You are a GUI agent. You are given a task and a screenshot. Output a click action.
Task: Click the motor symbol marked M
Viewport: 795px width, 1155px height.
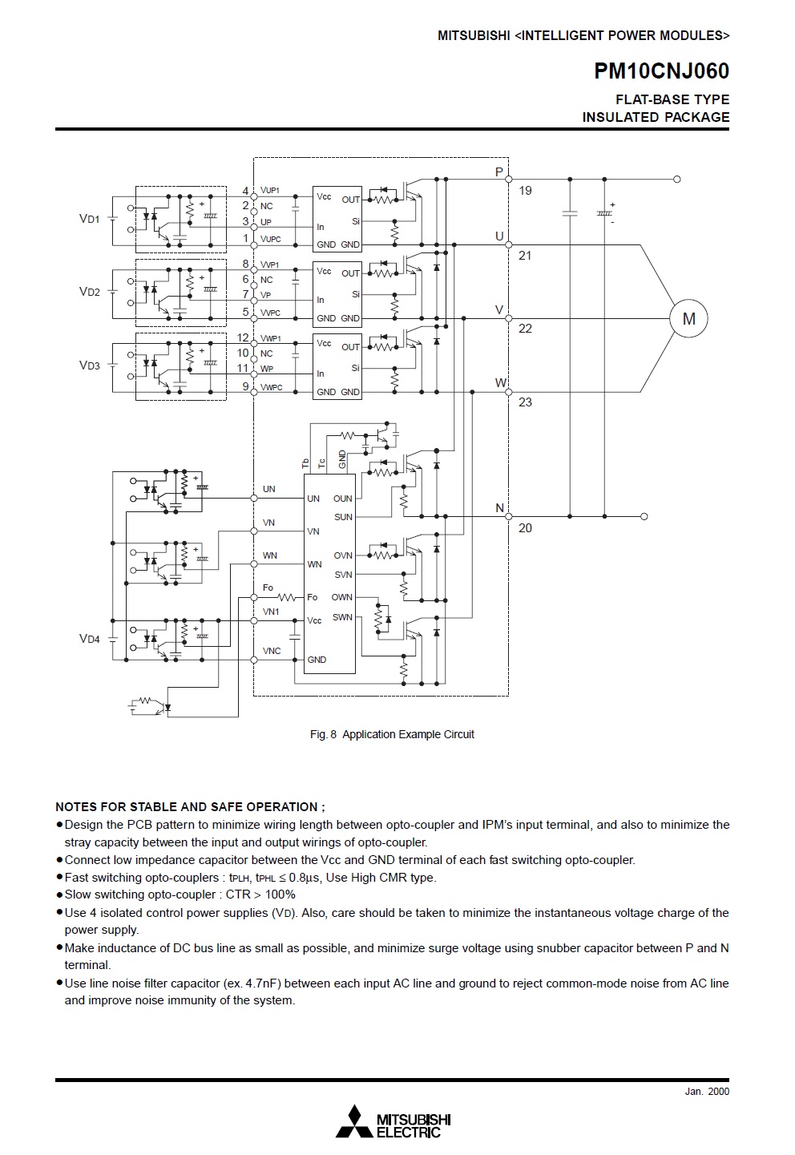(688, 319)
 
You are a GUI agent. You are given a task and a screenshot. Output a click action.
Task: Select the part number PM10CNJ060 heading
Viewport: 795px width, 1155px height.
(661, 71)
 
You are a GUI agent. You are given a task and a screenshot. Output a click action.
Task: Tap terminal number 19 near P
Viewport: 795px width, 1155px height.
(525, 191)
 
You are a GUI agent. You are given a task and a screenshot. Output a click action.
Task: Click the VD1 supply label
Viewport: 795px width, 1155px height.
(89, 219)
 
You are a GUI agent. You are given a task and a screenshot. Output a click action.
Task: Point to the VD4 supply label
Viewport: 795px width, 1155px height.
(89, 639)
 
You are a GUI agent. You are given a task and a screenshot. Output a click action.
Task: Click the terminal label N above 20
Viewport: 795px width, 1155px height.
(499, 508)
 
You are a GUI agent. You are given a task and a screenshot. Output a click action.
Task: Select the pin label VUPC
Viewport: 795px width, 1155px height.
(270, 239)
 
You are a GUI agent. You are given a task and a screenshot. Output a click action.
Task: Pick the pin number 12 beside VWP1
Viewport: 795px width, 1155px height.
(243, 337)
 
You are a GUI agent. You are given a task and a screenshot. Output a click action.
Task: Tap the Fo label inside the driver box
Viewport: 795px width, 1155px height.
(313, 597)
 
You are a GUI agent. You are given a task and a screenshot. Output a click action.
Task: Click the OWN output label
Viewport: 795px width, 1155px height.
(342, 597)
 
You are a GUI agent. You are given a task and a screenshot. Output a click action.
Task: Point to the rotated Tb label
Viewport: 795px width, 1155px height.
(305, 463)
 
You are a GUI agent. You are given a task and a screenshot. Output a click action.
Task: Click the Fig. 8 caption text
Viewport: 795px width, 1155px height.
(392, 734)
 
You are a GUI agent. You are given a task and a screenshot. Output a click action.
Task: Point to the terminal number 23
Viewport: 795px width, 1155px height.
(525, 402)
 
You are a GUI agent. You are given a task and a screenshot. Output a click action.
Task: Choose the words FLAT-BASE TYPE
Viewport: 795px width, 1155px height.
(672, 99)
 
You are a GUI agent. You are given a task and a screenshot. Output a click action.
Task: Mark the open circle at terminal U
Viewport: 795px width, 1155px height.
(508, 245)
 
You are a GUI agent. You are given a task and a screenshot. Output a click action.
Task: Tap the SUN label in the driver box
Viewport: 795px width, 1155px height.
(343, 517)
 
